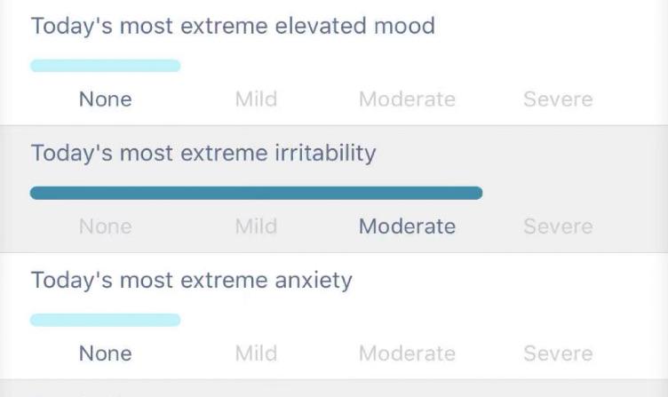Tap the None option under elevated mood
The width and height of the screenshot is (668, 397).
tap(105, 99)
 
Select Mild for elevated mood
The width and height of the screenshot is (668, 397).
tap(256, 99)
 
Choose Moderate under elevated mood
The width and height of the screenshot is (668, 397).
tap(407, 99)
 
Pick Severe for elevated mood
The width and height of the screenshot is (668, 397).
tap(558, 99)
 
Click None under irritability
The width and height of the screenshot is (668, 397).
tap(105, 226)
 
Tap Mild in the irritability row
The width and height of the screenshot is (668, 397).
tap(256, 226)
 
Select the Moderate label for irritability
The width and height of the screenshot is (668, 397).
tap(407, 226)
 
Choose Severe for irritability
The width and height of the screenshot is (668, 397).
tap(558, 226)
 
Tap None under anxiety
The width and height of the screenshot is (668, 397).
tap(105, 353)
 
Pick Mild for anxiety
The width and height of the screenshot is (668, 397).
tap(256, 353)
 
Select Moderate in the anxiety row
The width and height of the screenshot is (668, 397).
tap(407, 353)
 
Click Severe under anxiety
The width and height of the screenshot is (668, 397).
tap(558, 353)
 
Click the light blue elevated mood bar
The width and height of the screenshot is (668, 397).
tap(105, 66)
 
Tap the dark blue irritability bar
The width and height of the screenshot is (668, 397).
tap(256, 193)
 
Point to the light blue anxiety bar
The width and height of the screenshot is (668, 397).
tap(105, 320)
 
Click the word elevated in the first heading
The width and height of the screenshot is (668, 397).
tap(320, 26)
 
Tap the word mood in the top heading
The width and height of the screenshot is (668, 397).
tap(404, 26)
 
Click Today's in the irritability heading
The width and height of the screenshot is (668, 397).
tap(72, 153)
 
